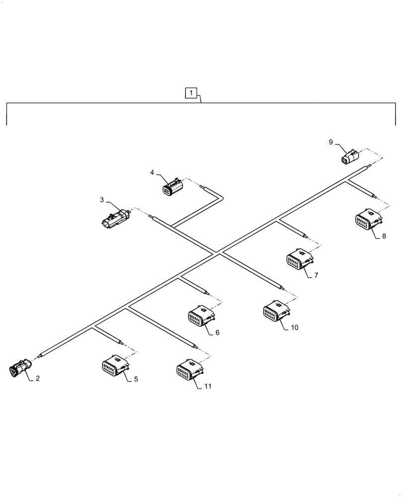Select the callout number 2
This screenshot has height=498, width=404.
pos(37,378)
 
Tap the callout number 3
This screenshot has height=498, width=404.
pos(101,200)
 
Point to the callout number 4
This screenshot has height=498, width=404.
pos(152,172)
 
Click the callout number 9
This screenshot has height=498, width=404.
pos(330,142)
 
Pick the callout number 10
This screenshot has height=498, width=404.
pos(295,327)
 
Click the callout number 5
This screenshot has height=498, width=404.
pos(136,379)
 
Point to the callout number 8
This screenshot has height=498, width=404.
pos(384,237)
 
